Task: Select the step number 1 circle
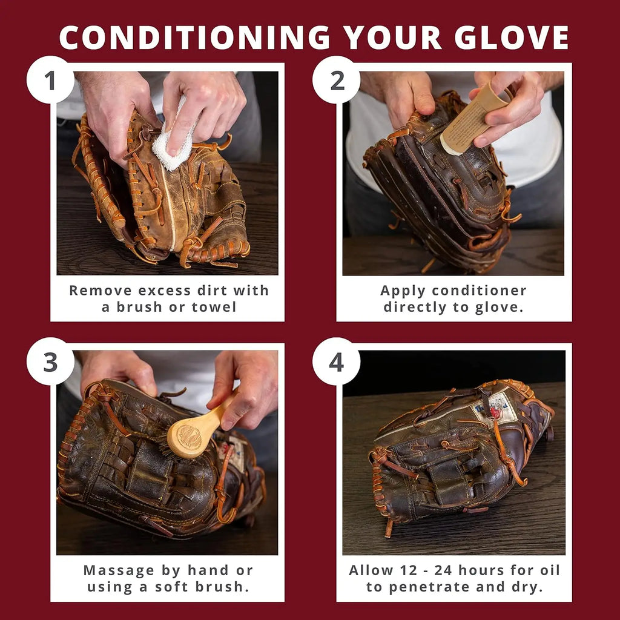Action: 50,79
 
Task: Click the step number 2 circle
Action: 337,79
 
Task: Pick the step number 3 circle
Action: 50,361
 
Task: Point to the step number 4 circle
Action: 337,361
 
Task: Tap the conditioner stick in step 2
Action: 472,118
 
